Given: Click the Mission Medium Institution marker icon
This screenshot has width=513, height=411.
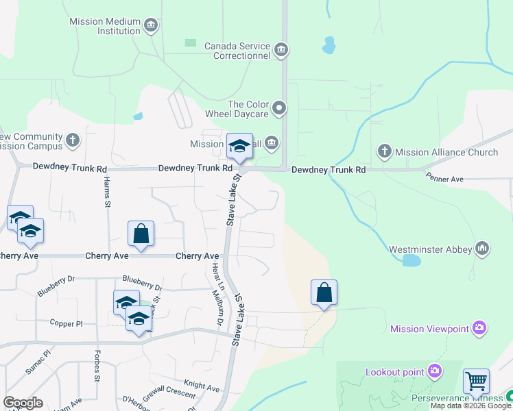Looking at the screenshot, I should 152,27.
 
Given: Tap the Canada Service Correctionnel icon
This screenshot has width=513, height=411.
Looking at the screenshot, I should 281,49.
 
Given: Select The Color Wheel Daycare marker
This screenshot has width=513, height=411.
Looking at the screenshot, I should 278,108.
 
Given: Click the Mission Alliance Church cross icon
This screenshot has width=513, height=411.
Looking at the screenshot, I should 385,151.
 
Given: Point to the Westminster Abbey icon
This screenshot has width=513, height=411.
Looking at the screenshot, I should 482,248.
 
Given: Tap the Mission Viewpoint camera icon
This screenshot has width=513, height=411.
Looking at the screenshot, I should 479,328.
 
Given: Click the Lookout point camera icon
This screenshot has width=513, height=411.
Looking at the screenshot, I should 434,371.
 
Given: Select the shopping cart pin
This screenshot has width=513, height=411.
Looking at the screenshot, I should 476,381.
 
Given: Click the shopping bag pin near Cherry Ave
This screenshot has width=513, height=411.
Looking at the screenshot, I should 141,234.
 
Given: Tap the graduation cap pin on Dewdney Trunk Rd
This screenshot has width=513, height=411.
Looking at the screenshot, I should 239,146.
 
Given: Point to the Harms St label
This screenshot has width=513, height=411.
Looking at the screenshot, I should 108,191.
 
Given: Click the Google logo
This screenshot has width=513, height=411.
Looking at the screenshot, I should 23,403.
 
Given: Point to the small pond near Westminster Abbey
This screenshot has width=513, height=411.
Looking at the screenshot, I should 411,260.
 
